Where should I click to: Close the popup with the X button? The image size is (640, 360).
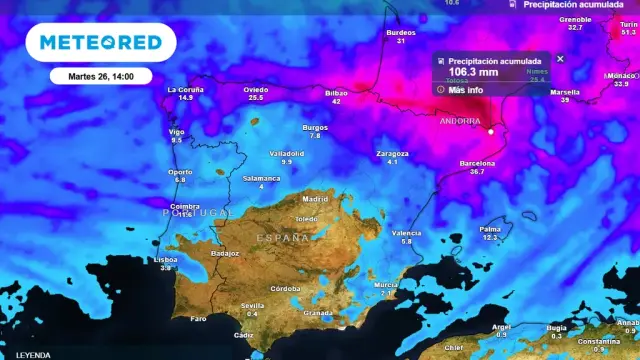560,59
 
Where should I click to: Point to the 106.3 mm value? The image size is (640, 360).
473,72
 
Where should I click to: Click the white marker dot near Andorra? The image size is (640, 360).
491,131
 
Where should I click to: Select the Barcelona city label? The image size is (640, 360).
477,162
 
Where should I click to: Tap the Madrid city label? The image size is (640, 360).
315,198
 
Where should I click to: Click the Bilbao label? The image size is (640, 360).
336,93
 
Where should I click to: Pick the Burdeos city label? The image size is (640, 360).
400,33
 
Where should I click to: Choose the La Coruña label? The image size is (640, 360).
185,90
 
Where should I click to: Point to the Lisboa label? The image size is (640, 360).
166,259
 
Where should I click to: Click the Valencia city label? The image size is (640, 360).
406,233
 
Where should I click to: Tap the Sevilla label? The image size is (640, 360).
252,305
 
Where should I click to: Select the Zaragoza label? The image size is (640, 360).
392,153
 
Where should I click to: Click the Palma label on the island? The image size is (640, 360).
490,229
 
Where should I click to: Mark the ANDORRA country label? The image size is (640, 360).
460,121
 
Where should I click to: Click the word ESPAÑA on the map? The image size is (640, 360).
283,238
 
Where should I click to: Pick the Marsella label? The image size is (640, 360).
565,91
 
